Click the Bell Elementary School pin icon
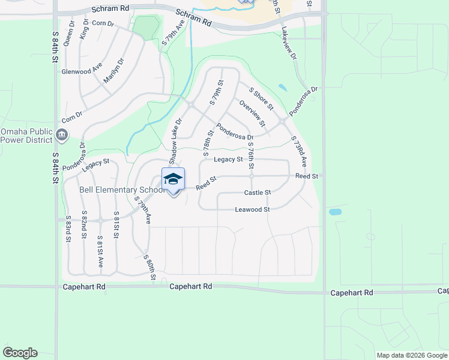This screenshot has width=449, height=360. point(173,180)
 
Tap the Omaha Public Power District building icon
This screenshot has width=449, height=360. point(62,135)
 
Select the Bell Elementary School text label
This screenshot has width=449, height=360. point(122,190)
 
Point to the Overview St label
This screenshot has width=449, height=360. point(252,113)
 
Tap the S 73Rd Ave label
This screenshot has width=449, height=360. point(298,151)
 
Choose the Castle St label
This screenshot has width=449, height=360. point(258,193)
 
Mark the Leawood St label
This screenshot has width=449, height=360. point(252,209)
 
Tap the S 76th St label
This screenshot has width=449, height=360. point(250,155)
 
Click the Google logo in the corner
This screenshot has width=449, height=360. point(20,353)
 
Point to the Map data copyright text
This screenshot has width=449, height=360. point(411,355)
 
